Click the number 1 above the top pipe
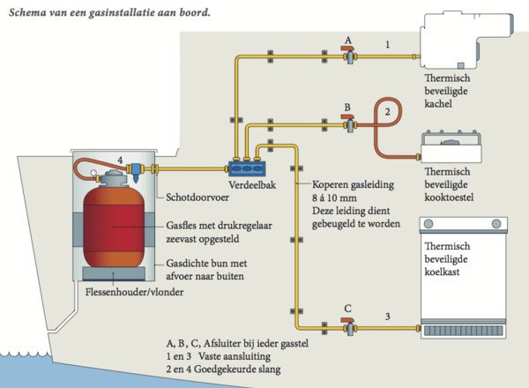(x=386, y=44)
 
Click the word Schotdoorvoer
(x=195, y=198)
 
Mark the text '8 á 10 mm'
(x=338, y=198)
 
